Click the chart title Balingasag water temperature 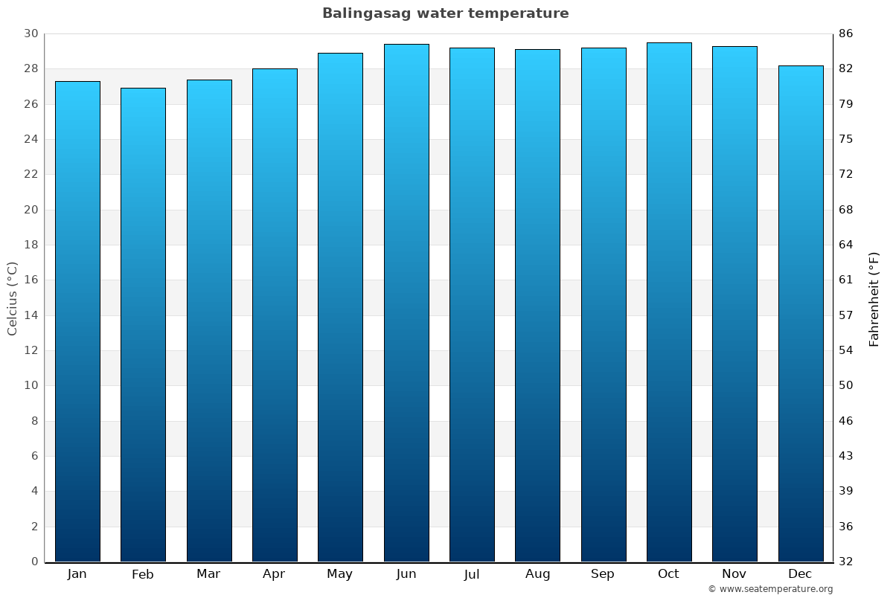pyautogui.click(x=445, y=13)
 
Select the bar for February pyautogui.click(x=143, y=325)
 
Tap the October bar pyautogui.click(x=669, y=302)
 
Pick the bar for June pyautogui.click(x=406, y=303)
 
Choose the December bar pyautogui.click(x=801, y=313)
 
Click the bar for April pyautogui.click(x=275, y=315)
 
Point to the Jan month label pyautogui.click(x=77, y=574)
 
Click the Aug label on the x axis pyautogui.click(x=537, y=574)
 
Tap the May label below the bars pyautogui.click(x=340, y=574)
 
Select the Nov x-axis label pyautogui.click(x=734, y=574)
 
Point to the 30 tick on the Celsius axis pyautogui.click(x=31, y=34)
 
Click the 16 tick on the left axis pyautogui.click(x=31, y=280)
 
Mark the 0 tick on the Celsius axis pyautogui.click(x=34, y=562)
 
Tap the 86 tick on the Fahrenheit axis pyautogui.click(x=846, y=34)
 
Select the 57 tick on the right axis pyautogui.click(x=846, y=315)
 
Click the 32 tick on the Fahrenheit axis pyautogui.click(x=846, y=562)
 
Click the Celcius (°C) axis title pyautogui.click(x=12, y=298)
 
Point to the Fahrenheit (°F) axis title pyautogui.click(x=874, y=298)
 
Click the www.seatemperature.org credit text pyautogui.click(x=770, y=589)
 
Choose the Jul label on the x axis pyautogui.click(x=472, y=574)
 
